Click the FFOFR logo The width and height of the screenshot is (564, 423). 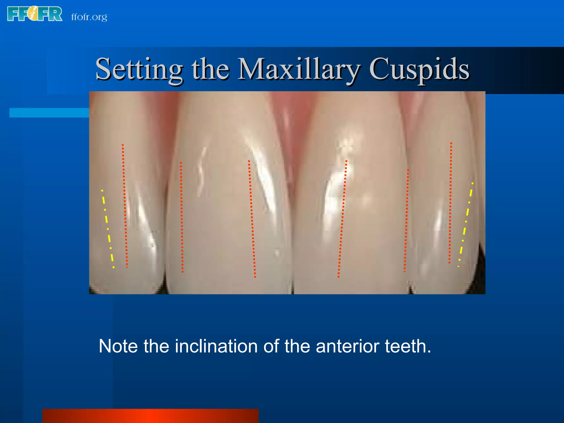[x=35, y=14]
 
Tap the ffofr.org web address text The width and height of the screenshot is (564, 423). [x=89, y=17]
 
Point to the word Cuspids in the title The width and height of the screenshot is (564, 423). [x=419, y=69]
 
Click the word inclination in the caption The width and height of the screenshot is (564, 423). [x=216, y=346]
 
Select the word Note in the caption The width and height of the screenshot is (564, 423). [x=118, y=346]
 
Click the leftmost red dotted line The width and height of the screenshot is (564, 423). [x=125, y=205]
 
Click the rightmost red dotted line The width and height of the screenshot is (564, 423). [x=450, y=202]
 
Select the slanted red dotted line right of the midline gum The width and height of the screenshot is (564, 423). [x=342, y=219]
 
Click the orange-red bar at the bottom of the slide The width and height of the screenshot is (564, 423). [x=150, y=416]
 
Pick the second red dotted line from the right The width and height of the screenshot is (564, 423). [x=406, y=220]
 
